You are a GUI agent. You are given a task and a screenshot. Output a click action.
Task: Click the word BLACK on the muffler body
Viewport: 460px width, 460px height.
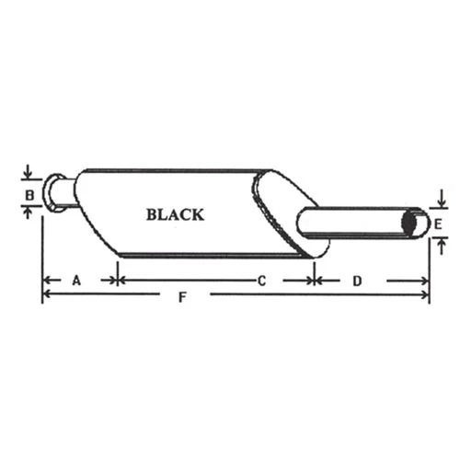tap(175, 214)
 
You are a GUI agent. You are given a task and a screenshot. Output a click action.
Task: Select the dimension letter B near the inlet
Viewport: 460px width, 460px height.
tap(29, 195)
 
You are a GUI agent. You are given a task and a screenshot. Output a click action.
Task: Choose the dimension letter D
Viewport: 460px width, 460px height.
tap(355, 279)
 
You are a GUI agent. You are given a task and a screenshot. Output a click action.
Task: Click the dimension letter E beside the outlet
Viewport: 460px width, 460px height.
tap(440, 224)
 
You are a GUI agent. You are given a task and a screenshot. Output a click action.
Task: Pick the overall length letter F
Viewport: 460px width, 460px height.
tap(183, 296)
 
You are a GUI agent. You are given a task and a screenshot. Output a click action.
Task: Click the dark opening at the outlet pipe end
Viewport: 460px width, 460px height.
tap(416, 224)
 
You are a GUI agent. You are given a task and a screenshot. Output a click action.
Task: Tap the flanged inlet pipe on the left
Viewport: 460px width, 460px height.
tap(60, 193)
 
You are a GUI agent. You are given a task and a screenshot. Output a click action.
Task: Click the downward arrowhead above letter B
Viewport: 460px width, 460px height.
tap(29, 177)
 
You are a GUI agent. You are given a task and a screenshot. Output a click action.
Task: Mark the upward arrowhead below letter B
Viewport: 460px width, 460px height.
tap(29, 213)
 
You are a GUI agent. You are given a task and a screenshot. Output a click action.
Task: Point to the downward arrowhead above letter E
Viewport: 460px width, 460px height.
tap(442, 204)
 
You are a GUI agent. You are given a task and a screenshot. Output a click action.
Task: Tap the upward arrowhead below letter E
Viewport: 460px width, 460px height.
tap(442, 242)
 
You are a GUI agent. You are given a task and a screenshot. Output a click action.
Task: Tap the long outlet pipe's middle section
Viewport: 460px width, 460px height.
tap(354, 223)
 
